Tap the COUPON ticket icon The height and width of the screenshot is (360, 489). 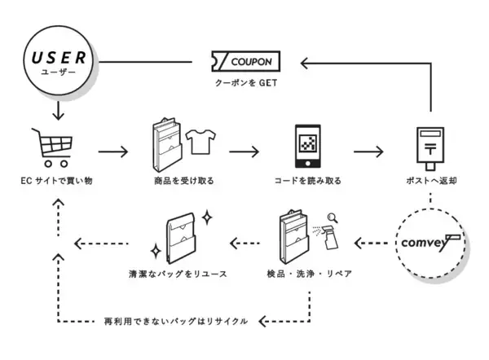(x=245, y=62)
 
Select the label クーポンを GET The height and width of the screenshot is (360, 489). (x=245, y=85)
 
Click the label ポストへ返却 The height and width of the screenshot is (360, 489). (x=430, y=180)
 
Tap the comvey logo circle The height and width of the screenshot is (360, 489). (x=430, y=242)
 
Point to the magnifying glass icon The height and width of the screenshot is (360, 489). (x=332, y=217)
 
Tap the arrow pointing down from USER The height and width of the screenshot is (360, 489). (x=57, y=110)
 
